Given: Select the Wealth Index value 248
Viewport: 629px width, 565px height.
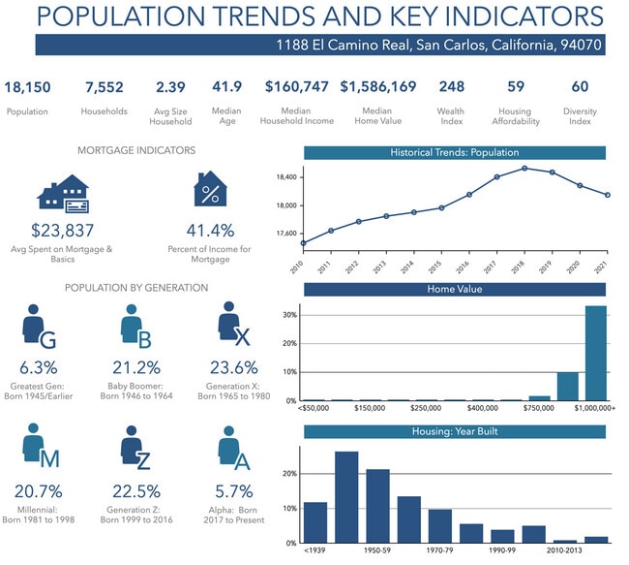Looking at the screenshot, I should point(451,87).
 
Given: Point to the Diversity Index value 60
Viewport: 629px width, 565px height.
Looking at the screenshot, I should point(580,87).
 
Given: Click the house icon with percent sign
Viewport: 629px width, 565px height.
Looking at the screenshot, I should point(210,191).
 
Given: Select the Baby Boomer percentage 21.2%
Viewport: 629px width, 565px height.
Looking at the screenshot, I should point(136,368).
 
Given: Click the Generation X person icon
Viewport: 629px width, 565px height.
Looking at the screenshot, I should point(230,322).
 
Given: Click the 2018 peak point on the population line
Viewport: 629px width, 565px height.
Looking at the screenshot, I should point(524,168).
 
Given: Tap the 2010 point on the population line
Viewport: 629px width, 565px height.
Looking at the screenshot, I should point(304,242).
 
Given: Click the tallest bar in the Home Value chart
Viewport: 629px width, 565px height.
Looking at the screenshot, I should point(595,353).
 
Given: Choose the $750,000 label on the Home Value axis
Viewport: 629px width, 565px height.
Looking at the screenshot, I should point(539,409).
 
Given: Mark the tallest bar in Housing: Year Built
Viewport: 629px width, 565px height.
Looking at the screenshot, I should point(346,497).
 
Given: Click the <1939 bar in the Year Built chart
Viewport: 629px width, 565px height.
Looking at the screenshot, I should point(315,522).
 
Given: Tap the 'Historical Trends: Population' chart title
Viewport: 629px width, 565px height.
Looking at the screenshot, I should point(455,152).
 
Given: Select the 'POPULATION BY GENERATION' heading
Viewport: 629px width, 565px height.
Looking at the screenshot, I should point(135,288).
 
